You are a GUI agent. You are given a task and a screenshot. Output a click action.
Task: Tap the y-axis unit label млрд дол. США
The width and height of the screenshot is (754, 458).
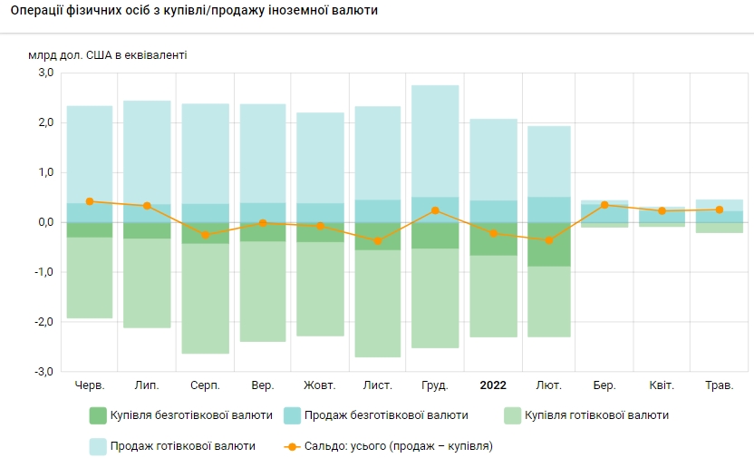click(108, 55)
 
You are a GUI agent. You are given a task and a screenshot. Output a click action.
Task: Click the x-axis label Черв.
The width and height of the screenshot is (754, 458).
click(90, 385)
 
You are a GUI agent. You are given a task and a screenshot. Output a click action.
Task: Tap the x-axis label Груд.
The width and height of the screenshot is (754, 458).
click(435, 385)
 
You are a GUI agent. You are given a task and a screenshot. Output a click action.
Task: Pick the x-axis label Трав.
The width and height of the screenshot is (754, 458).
click(719, 385)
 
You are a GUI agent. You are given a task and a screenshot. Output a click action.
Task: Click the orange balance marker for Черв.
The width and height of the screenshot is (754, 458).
click(90, 201)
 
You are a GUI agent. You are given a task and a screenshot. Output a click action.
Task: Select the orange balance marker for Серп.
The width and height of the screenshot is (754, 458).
click(205, 235)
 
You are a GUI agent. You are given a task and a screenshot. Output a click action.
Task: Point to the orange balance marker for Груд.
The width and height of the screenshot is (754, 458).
click(435, 210)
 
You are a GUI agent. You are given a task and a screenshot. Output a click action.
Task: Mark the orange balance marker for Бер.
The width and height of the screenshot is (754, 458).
click(604, 205)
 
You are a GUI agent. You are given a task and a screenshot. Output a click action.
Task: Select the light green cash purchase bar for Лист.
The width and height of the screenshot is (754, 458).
click(378, 304)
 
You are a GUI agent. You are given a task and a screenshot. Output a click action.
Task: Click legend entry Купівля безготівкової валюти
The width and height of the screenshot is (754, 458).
click(181, 415)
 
